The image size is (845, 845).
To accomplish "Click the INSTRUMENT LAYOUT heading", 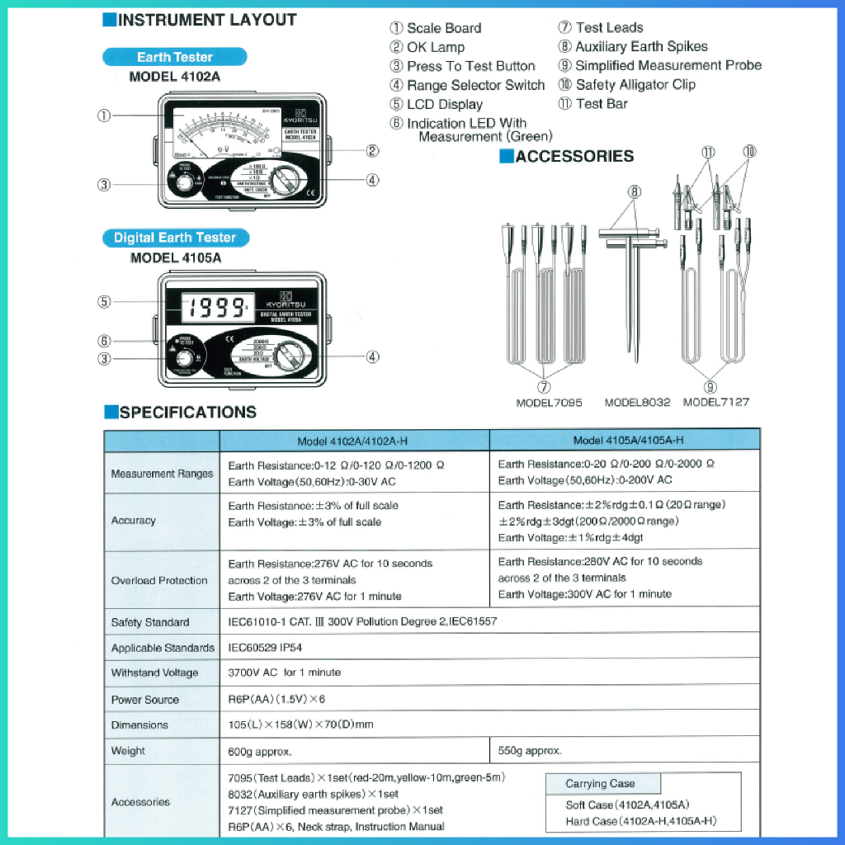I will (206, 20).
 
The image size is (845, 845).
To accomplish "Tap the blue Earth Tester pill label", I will (174, 57).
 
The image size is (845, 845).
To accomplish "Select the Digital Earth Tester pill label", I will (174, 238).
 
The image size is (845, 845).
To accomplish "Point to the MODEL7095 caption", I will (549, 402).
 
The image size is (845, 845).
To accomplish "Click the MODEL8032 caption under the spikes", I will (637, 402).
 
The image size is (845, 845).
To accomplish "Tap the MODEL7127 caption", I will (716, 402).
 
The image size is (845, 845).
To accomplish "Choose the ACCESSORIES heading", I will (574, 156).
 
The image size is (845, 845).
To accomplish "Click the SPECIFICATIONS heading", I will (187, 413).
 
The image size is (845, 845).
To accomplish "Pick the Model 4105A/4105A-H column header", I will (628, 441).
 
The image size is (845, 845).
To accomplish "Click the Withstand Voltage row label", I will (154, 673).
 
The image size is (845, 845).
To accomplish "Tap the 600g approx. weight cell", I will (260, 751).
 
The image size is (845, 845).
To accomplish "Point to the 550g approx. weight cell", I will (530, 750).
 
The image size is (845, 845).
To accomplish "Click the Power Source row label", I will (144, 699).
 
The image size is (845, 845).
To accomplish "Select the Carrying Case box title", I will (600, 783).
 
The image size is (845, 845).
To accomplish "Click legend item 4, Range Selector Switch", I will (475, 85).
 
